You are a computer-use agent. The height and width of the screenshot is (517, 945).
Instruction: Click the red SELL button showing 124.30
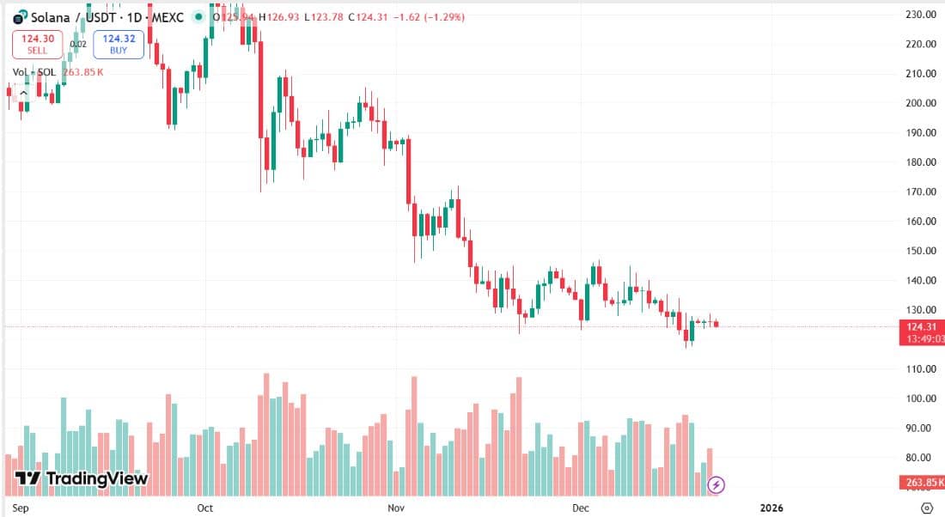click(37, 44)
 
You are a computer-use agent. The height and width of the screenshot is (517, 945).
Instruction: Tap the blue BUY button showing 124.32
click(119, 44)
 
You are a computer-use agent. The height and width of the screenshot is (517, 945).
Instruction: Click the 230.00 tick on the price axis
click(921, 15)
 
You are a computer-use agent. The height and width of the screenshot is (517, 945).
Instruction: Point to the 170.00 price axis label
click(921, 192)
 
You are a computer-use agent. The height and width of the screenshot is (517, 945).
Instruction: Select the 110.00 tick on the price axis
click(921, 369)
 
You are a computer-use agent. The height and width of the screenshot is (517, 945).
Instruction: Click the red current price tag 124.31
click(923, 326)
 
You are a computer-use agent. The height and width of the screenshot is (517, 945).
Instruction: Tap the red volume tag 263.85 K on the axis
click(923, 484)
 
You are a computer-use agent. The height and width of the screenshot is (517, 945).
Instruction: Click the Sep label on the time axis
click(23, 508)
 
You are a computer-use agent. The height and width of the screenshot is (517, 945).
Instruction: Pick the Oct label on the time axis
click(204, 508)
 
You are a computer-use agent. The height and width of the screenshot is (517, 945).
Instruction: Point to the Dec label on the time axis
click(581, 508)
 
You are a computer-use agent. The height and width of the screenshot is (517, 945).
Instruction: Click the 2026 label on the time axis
click(771, 508)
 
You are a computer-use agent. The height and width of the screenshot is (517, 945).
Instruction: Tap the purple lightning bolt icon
click(716, 485)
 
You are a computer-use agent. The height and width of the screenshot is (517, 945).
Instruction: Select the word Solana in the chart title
click(50, 16)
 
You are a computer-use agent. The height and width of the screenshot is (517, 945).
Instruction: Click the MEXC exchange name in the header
click(164, 16)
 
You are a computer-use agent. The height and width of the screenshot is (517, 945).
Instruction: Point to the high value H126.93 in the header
click(276, 16)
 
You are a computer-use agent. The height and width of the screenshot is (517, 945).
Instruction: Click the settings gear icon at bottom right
click(926, 508)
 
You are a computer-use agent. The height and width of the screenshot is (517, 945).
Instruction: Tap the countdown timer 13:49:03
click(923, 338)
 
